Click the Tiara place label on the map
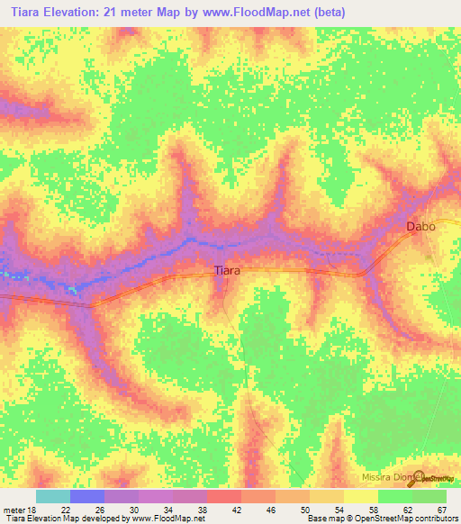pyautogui.click(x=226, y=269)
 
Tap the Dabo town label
pyautogui.click(x=420, y=227)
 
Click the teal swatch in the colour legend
pyautogui.click(x=52, y=496)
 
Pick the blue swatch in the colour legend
pyautogui.click(x=86, y=496)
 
